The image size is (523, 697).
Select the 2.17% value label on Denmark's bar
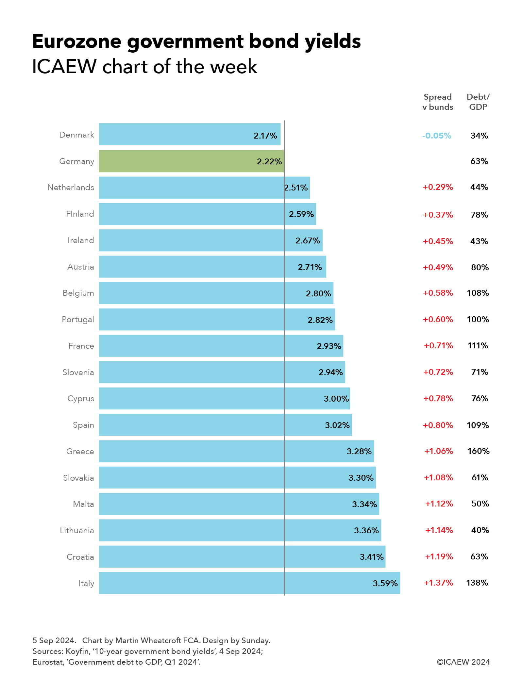tap(265, 136)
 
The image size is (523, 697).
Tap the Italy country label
tap(86, 583)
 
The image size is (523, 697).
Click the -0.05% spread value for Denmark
tap(436, 136)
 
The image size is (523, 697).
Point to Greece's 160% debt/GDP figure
tap(478, 451)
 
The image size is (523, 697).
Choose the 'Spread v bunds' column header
tap(438, 102)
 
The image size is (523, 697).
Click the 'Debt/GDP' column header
tap(478, 102)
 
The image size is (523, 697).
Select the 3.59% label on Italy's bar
tap(385, 583)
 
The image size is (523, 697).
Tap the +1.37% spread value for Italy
tap(438, 583)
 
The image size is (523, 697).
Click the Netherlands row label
tap(71, 187)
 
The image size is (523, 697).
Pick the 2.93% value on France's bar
tap(329, 346)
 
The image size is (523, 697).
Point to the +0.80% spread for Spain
tap(438, 425)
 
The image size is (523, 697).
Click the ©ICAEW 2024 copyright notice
tap(463, 662)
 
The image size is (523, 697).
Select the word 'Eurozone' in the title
tap(77, 41)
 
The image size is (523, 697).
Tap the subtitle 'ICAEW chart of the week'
tap(144, 67)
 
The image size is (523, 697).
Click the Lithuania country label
tap(77, 530)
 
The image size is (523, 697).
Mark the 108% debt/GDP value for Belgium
tap(478, 293)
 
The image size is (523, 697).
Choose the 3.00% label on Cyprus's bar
tap(336, 399)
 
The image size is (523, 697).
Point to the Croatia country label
tap(80, 557)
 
